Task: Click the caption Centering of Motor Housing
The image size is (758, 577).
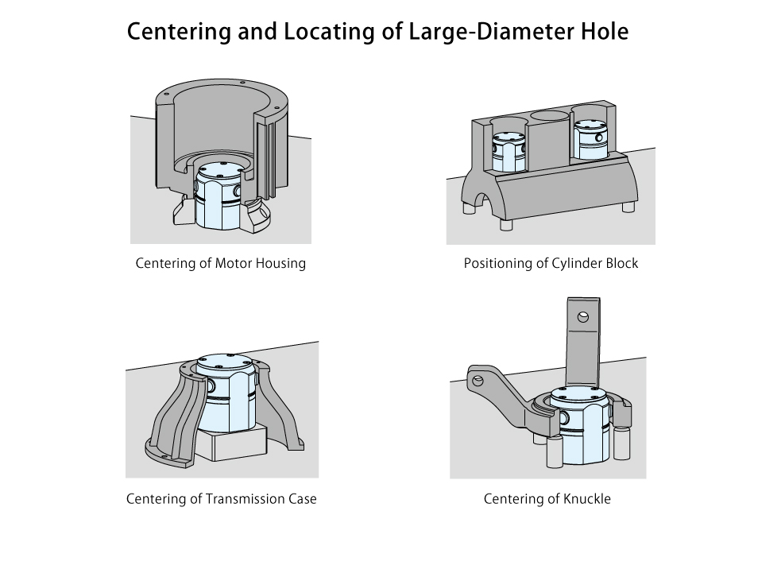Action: [x=220, y=263]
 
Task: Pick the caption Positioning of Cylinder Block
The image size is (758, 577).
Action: [x=551, y=263]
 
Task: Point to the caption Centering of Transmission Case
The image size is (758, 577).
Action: [x=221, y=499]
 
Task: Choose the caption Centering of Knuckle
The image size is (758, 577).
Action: [x=547, y=499]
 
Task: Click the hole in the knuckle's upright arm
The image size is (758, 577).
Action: [x=584, y=316]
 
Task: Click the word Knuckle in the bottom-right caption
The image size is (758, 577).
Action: [x=586, y=499]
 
